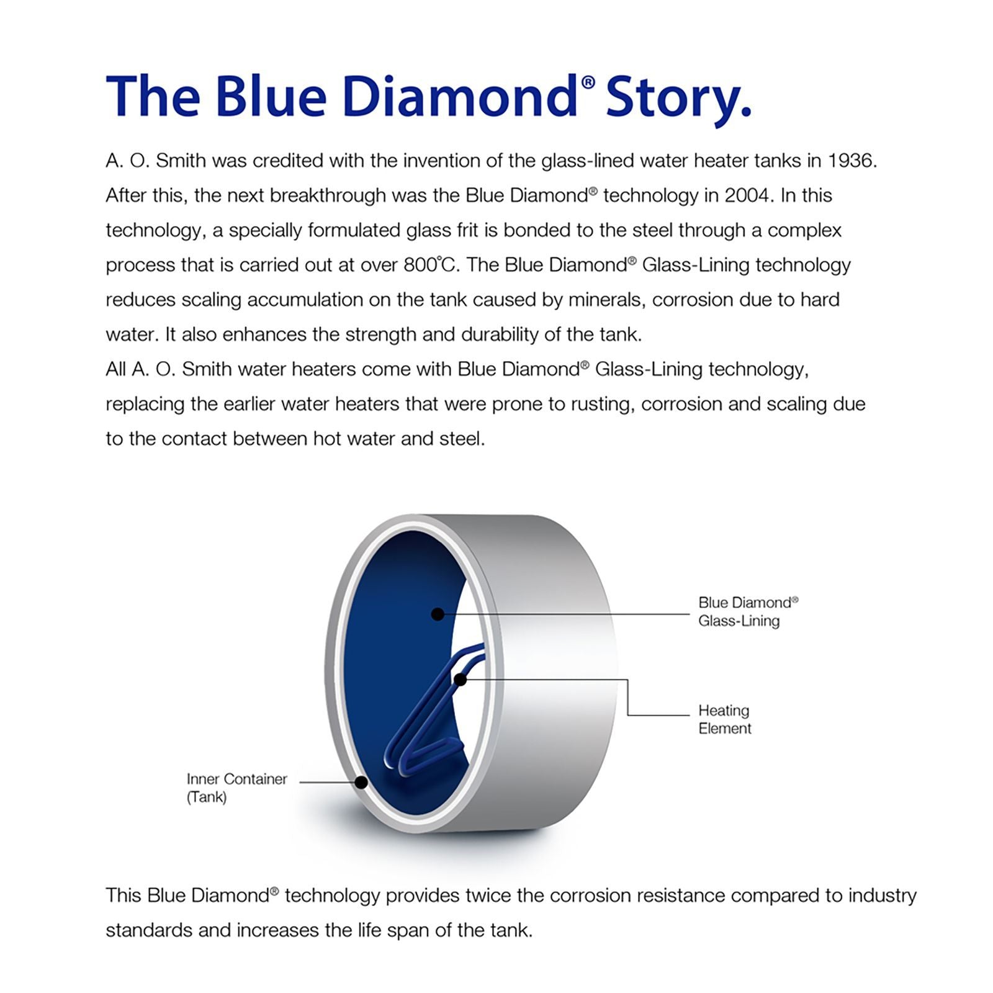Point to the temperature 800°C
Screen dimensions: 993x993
[x=429, y=265]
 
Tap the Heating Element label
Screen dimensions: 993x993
[x=724, y=719]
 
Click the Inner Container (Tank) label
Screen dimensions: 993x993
[x=236, y=788]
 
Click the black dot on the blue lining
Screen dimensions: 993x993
[x=438, y=614]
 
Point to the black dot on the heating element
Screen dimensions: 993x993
[x=461, y=680]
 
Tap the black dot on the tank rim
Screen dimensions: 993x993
[x=361, y=782]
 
